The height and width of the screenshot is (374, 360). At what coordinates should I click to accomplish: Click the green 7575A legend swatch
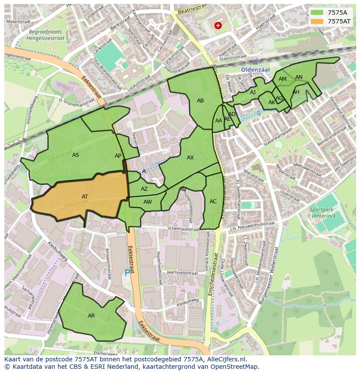tap(317, 13)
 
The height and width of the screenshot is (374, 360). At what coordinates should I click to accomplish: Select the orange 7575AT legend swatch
tap(317, 21)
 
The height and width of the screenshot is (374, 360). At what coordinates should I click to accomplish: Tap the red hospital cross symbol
tap(218, 26)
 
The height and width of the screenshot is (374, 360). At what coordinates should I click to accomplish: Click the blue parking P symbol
tap(127, 273)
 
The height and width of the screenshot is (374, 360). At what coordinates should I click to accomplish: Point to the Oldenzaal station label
tap(256, 70)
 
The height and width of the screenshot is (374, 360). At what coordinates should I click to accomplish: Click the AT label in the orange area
tap(85, 197)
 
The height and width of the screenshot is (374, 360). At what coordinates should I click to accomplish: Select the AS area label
tap(76, 155)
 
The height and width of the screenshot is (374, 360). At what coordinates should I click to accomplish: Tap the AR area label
tap(91, 316)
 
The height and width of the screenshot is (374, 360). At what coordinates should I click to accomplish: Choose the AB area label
tap(200, 101)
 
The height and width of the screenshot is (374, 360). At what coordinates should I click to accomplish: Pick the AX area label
tap(190, 158)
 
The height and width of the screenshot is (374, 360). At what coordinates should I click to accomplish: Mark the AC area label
tap(213, 202)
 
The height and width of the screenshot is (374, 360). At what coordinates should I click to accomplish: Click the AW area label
tap(148, 202)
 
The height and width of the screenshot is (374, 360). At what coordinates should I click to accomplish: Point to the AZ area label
tap(144, 189)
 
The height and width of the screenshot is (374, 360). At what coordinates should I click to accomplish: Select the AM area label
tap(283, 79)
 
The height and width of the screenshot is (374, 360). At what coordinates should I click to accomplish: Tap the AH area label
tap(296, 92)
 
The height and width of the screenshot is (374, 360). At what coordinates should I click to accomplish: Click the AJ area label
tap(253, 93)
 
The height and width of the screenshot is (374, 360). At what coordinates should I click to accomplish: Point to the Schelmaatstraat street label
tap(185, 228)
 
